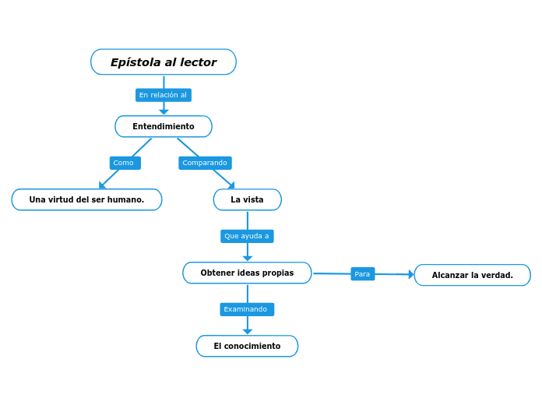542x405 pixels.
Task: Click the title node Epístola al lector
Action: pos(164,62)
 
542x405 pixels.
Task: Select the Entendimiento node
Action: pos(164,126)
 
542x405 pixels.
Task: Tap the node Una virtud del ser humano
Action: pos(86,199)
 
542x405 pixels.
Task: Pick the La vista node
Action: pos(247,199)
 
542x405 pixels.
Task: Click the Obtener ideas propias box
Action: pos(247,273)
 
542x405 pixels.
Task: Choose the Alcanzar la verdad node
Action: pos(472,275)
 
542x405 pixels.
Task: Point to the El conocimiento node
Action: pos(247,346)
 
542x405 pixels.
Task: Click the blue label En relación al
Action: pos(163,95)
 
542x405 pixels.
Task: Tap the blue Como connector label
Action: pos(125,163)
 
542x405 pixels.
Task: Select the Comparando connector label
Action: pos(205,163)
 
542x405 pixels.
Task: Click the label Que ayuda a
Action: pos(247,236)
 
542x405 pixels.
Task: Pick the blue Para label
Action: pos(362,274)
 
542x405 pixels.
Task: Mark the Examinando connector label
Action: pos(246,309)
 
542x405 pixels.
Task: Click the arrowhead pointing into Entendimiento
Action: pos(164,112)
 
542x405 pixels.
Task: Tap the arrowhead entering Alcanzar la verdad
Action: pos(411,274)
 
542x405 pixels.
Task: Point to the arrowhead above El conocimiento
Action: pos(248,332)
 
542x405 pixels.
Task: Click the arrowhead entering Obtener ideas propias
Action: pos(248,259)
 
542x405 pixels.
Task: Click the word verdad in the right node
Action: pos(498,275)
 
